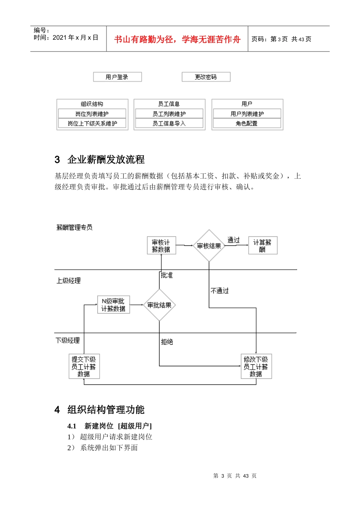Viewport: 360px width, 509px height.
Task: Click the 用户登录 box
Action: [x=117, y=77]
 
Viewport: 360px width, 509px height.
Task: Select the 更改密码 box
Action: [x=206, y=77]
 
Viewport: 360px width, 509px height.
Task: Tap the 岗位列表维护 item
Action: [x=92, y=114]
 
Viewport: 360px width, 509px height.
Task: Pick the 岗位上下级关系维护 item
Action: [x=92, y=123]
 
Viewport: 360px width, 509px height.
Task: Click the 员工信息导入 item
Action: [x=169, y=123]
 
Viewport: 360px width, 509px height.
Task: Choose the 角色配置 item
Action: [x=247, y=123]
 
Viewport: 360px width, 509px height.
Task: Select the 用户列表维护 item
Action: [x=247, y=114]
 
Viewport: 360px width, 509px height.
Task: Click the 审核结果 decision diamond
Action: [x=209, y=246]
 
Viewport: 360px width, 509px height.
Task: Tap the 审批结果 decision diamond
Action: [x=160, y=305]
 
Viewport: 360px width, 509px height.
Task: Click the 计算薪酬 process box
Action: [x=263, y=246]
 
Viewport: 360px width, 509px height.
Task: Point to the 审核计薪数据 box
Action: [x=161, y=246]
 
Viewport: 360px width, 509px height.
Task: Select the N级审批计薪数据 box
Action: [x=113, y=305]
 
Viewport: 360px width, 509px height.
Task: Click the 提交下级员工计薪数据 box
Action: [x=84, y=366]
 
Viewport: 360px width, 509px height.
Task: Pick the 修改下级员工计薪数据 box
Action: [x=256, y=366]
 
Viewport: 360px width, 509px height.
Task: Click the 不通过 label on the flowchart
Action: [x=219, y=290]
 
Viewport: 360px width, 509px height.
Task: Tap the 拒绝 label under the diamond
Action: [x=167, y=342]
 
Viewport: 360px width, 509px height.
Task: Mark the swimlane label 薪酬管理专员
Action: [x=74, y=227]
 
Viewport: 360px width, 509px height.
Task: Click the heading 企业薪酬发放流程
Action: [x=106, y=159]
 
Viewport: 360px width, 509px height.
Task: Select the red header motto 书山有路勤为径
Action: [x=177, y=39]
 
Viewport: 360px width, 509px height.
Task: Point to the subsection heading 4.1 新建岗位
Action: [x=110, y=426]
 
